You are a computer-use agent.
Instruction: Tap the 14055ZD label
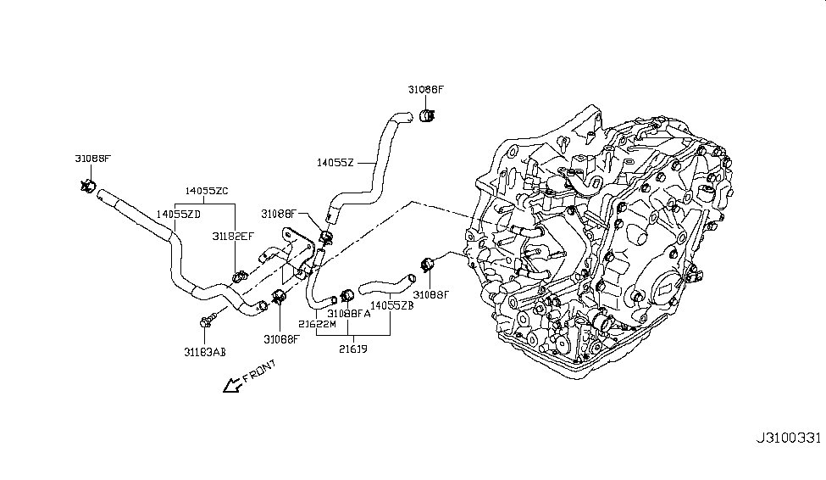(179, 215)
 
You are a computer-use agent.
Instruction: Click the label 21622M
(318, 324)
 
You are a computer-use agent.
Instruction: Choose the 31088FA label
(349, 314)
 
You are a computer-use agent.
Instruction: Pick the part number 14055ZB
(391, 304)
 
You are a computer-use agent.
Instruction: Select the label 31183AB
(205, 351)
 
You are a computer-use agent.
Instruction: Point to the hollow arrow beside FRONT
(229, 386)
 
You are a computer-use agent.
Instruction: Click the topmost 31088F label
(426, 89)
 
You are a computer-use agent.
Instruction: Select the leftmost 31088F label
(92, 158)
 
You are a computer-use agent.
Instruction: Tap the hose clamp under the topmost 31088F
(429, 116)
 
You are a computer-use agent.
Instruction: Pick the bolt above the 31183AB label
(206, 321)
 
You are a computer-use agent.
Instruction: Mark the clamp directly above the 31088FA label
(346, 295)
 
